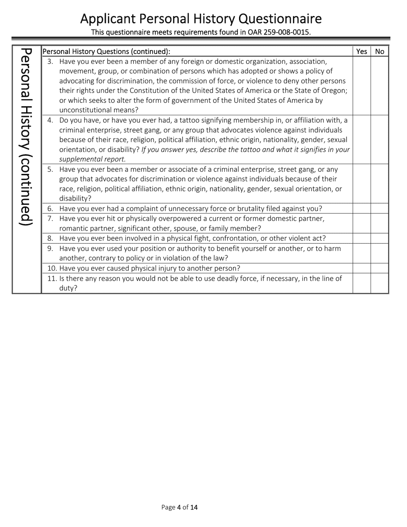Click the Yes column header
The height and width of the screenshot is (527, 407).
(362, 51)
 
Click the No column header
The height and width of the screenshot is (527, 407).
(380, 51)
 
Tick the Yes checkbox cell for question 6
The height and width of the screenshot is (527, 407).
(362, 209)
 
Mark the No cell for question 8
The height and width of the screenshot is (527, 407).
(380, 238)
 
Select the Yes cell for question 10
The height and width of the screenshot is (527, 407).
(362, 268)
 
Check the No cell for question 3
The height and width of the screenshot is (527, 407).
(380, 86)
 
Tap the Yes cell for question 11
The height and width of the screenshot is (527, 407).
(362, 283)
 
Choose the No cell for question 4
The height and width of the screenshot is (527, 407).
(380, 140)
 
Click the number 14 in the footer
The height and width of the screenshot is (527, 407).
(194, 508)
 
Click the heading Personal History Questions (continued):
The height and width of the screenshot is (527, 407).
(106, 51)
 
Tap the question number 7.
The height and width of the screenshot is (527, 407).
(50, 219)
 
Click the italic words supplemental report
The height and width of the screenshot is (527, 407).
(92, 159)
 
